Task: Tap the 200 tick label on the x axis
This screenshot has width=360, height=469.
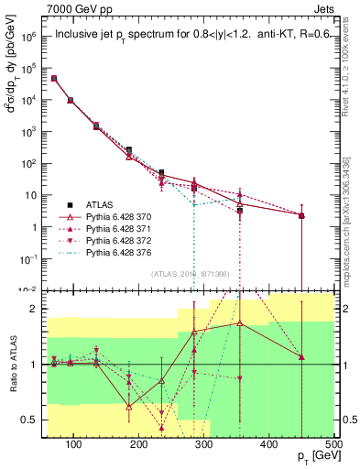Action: (x=139, y=446)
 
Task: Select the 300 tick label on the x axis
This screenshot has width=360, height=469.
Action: (x=204, y=446)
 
